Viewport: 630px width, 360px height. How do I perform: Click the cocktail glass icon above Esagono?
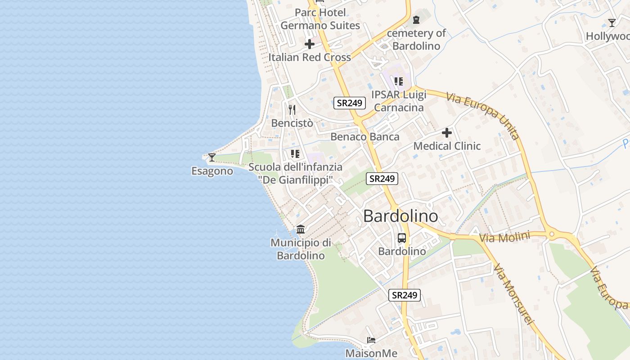[211, 157]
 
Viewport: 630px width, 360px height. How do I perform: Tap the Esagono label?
[212, 171]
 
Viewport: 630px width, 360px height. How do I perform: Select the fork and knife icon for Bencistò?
[292, 109]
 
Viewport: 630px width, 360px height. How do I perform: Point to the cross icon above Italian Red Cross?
[310, 44]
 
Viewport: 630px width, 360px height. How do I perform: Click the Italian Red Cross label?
[310, 57]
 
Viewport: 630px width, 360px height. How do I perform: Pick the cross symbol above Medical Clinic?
[446, 133]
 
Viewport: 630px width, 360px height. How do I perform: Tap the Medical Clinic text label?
[447, 146]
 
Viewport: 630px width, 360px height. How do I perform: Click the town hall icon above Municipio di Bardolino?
[301, 229]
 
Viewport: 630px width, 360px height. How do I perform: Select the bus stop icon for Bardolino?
[402, 238]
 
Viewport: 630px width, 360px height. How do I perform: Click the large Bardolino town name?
[400, 216]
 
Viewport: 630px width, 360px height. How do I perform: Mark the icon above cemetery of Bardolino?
[416, 20]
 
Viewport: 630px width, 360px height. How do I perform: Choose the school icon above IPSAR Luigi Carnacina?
[398, 81]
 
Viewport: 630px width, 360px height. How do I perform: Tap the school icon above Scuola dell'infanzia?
[295, 154]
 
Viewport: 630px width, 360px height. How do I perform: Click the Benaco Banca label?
[365, 137]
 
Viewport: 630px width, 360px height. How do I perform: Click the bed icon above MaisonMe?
[371, 340]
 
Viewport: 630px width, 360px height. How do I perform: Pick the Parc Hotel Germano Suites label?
[320, 19]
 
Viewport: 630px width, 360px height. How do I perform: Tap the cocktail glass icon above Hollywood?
[612, 23]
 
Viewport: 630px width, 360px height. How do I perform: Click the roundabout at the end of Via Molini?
[551, 234]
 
